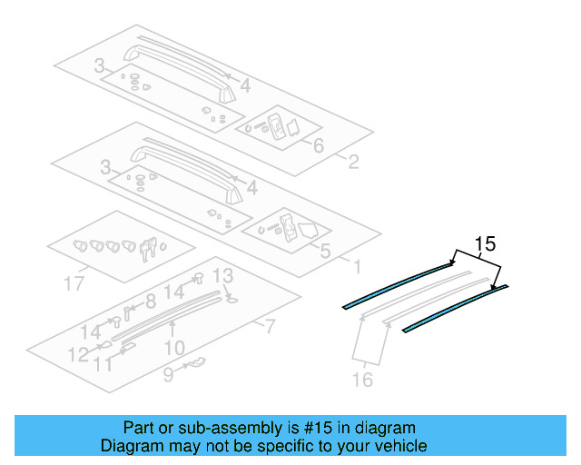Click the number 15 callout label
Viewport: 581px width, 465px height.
tap(485, 243)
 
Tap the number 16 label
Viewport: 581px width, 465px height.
tap(362, 381)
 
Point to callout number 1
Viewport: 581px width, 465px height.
tap(357, 267)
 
